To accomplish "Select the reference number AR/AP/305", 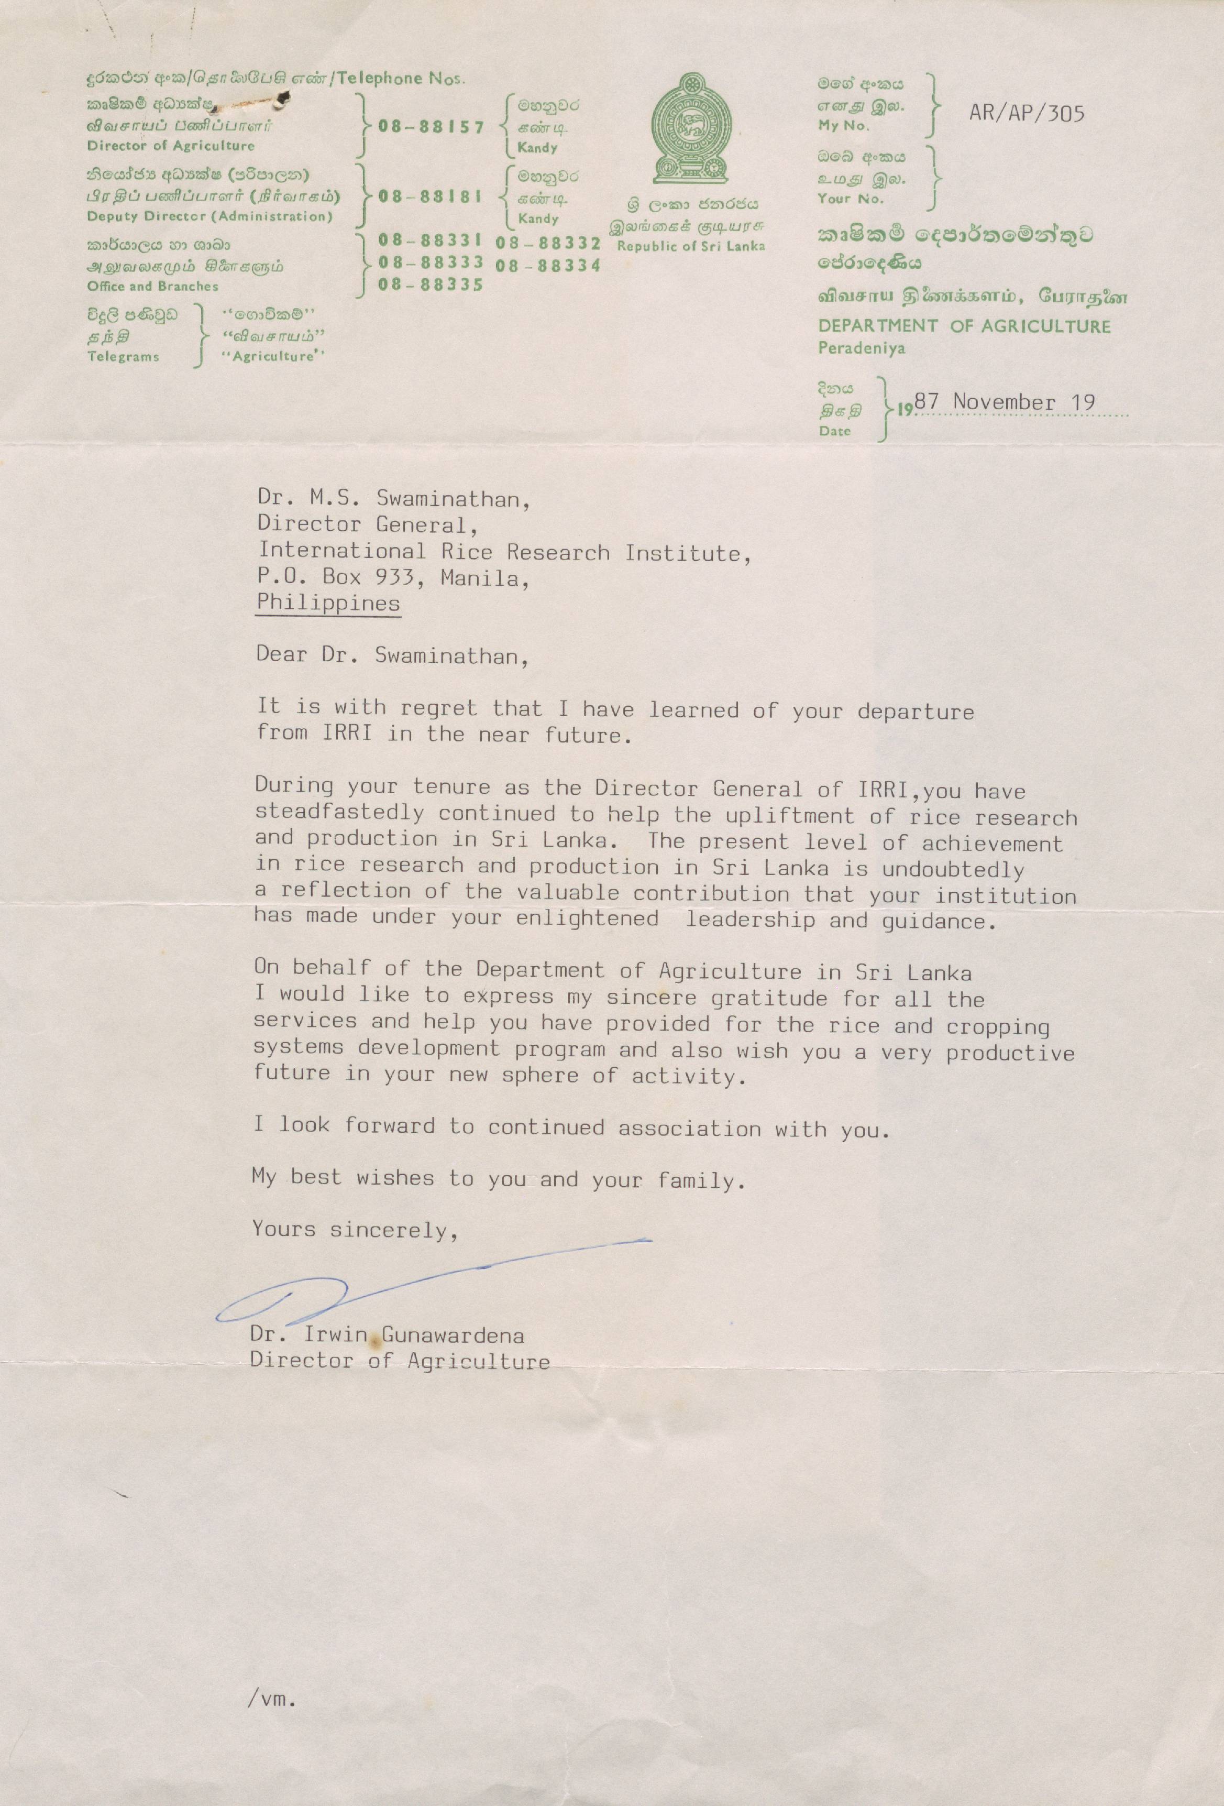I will pos(1026,114).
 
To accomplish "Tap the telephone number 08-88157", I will pos(431,127).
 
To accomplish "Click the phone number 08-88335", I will pos(431,285).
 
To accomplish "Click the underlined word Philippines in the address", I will pos(328,603).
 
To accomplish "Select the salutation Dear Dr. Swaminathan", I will pos(392,656).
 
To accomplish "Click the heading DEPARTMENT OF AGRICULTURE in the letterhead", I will pos(964,326).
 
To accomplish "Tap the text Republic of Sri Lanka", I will pos(690,246).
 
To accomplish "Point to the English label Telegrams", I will pos(124,357).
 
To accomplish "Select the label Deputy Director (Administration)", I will pos(209,216).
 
